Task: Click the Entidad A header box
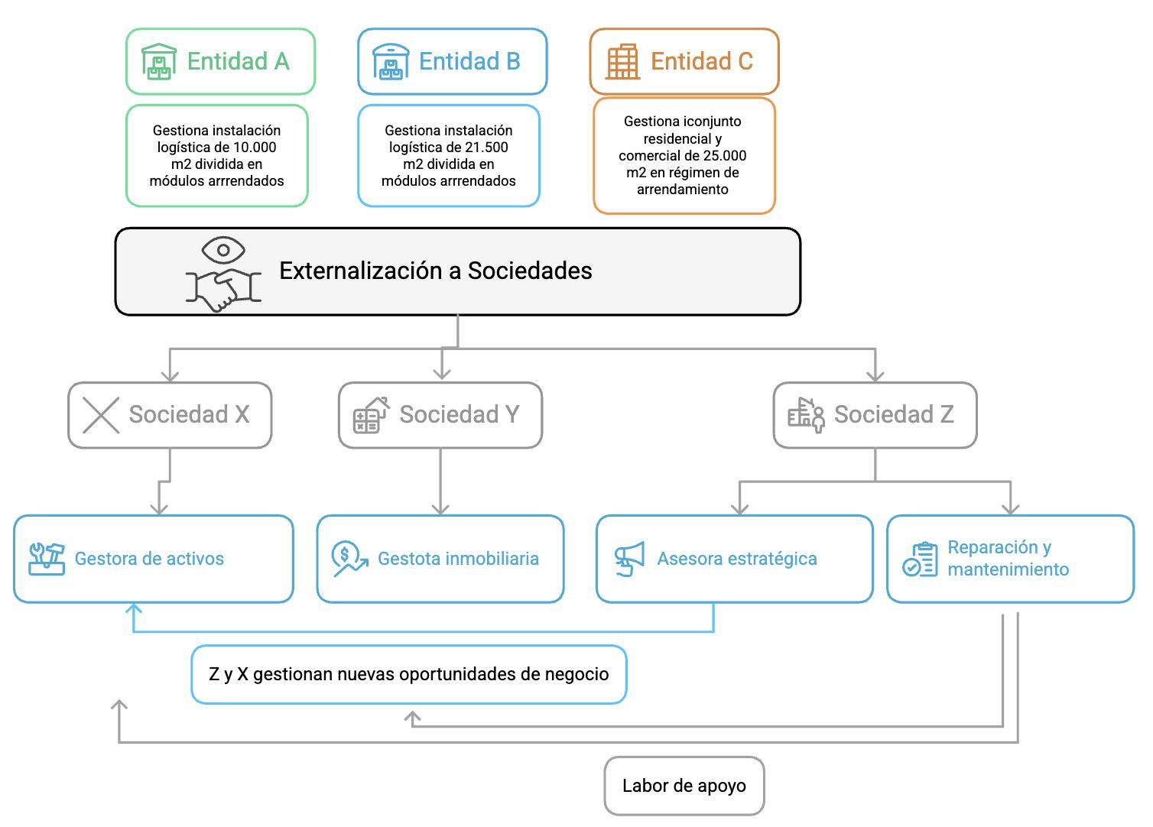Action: tap(220, 61)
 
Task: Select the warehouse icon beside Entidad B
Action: tap(391, 61)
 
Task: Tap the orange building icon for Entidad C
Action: tap(622, 61)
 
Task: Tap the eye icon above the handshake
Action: tap(223, 250)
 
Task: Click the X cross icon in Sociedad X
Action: tap(100, 415)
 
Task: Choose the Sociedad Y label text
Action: tap(459, 414)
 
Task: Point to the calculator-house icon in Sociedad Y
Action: tap(370, 415)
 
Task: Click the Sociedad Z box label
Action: tap(893, 414)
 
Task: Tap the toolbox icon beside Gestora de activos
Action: tap(47, 559)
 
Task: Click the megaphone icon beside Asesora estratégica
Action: tap(629, 559)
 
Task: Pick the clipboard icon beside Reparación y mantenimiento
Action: tap(919, 559)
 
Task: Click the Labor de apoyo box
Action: tap(684, 786)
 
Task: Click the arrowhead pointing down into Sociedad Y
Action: tap(440, 373)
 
